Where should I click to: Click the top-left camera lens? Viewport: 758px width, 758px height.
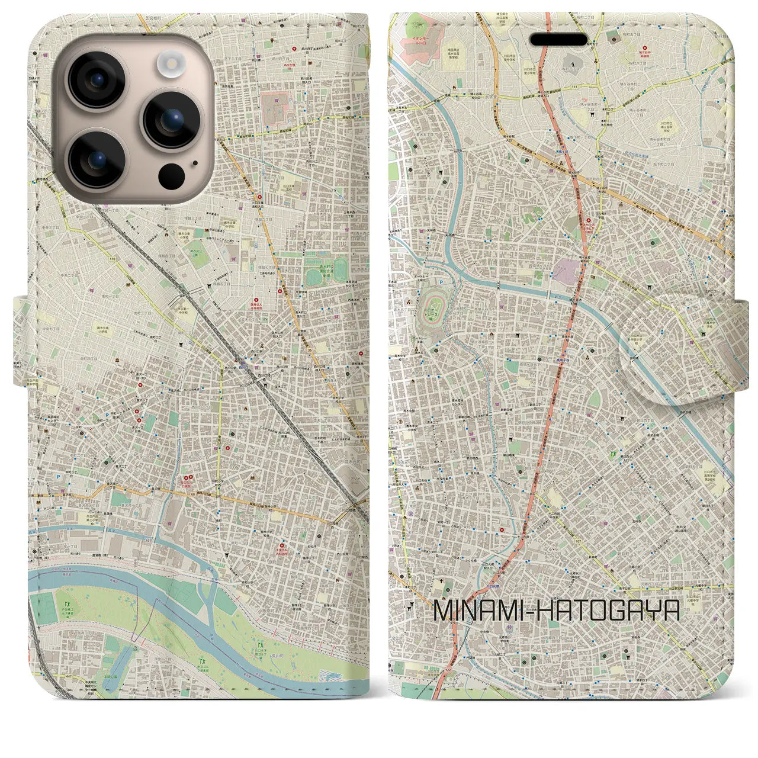tap(97, 81)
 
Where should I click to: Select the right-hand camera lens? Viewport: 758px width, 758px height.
tap(171, 118)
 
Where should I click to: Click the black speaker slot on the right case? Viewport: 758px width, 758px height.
tap(561, 38)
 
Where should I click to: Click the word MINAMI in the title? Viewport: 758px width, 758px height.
tap(479, 611)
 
